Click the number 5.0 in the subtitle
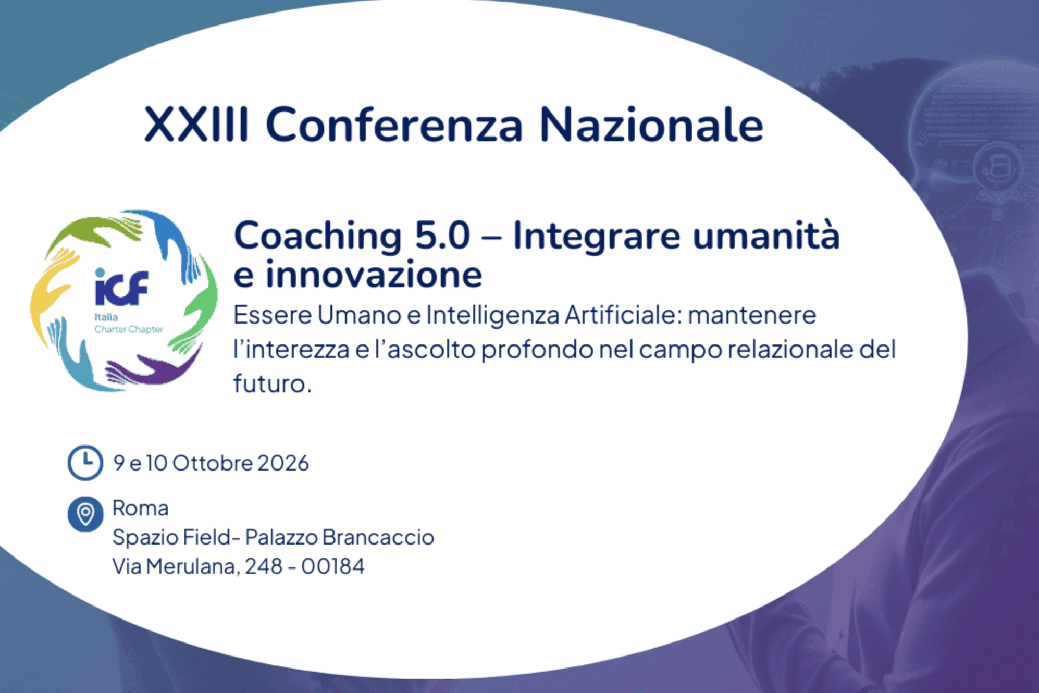tap(442, 236)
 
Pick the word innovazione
tap(374, 274)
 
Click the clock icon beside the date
tap(85, 463)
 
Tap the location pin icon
tap(85, 514)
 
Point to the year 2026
tap(283, 463)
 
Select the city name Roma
tap(141, 508)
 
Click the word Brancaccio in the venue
tap(378, 537)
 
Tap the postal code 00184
tap(333, 566)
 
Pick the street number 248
tap(264, 566)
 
